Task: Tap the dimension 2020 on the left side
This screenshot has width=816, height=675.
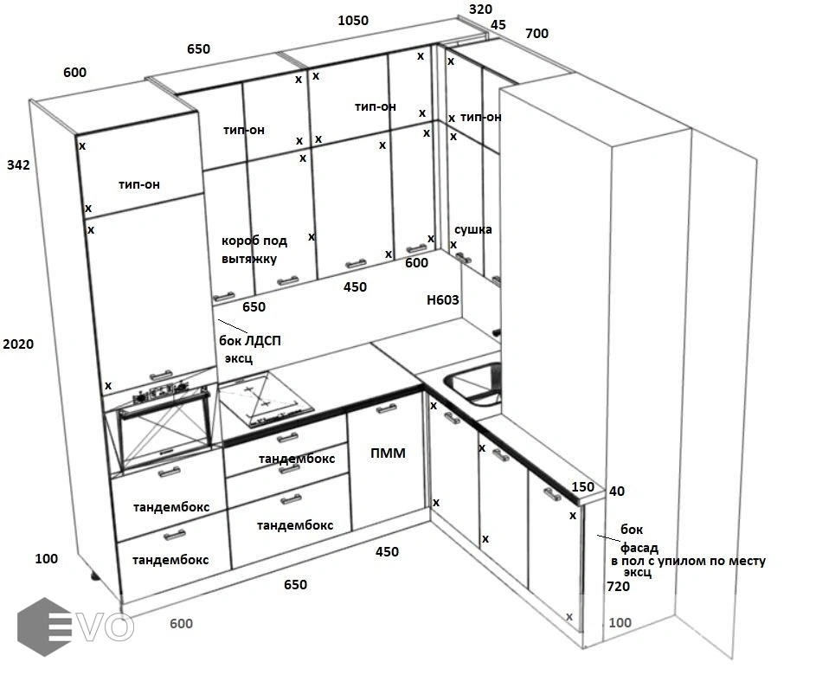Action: click(x=18, y=344)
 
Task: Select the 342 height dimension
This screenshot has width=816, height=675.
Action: click(x=18, y=164)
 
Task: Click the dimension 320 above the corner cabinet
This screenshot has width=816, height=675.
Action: click(x=480, y=10)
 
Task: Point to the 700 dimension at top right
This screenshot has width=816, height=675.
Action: click(x=537, y=34)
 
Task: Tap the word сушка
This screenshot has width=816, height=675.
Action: click(x=473, y=229)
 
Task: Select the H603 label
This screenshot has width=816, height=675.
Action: click(x=442, y=300)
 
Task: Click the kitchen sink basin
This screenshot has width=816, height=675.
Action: click(x=475, y=382)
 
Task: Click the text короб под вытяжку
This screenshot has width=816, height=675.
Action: click(x=254, y=249)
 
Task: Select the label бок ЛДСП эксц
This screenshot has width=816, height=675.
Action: click(x=253, y=349)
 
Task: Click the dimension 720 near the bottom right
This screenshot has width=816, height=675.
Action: click(x=618, y=587)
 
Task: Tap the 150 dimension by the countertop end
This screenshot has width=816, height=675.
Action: click(x=583, y=487)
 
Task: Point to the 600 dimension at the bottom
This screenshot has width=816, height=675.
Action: click(x=181, y=623)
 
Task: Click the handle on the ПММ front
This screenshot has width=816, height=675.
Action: click(x=386, y=409)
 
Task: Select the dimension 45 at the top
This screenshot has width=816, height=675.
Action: click(x=498, y=25)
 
